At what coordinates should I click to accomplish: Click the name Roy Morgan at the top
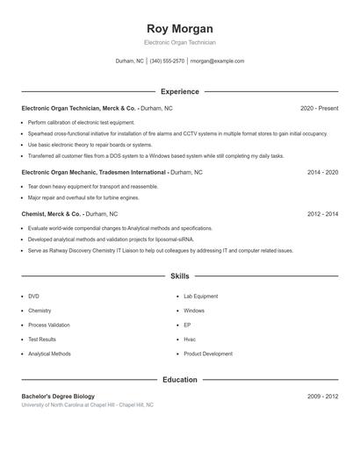click(180, 29)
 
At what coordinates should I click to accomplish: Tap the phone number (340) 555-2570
click(167, 61)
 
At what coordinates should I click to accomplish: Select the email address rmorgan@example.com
click(217, 61)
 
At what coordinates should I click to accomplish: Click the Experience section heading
click(180, 91)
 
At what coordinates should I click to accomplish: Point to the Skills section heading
click(180, 276)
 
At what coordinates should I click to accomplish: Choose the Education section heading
click(180, 380)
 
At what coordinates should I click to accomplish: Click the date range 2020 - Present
click(319, 108)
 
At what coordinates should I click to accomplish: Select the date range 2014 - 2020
click(322, 173)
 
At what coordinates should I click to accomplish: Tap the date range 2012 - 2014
click(322, 213)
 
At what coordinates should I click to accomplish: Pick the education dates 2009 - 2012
click(322, 397)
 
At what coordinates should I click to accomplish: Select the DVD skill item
click(33, 297)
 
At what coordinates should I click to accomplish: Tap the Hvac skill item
click(190, 340)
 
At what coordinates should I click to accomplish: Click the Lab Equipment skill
click(200, 297)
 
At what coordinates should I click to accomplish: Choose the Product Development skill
click(208, 354)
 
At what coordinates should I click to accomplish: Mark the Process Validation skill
click(49, 325)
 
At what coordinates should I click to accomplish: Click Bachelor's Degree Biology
click(58, 397)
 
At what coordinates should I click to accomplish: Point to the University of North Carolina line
click(87, 405)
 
